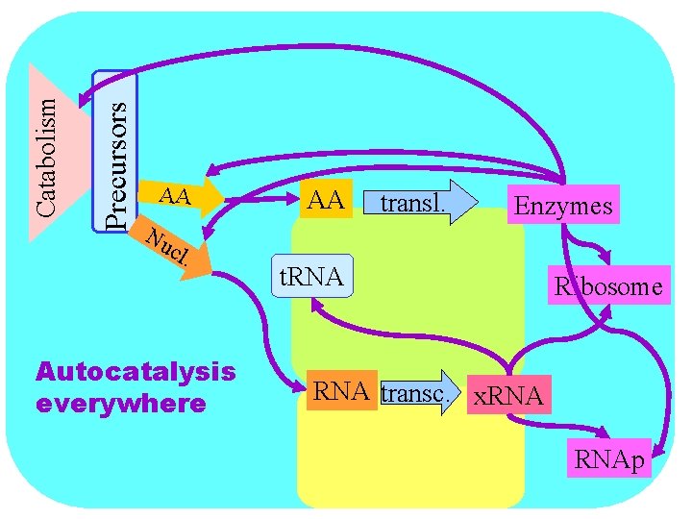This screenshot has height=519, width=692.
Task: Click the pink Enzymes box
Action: (x=562, y=206)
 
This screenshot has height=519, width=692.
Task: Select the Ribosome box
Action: (x=607, y=285)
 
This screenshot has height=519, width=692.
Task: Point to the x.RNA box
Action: (x=507, y=395)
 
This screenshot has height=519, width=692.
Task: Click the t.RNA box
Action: (x=312, y=277)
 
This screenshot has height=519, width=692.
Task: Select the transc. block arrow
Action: (x=421, y=392)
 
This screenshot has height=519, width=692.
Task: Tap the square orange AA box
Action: (x=326, y=201)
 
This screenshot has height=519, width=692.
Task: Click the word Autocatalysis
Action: (x=135, y=371)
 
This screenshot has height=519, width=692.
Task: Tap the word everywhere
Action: (x=120, y=402)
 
